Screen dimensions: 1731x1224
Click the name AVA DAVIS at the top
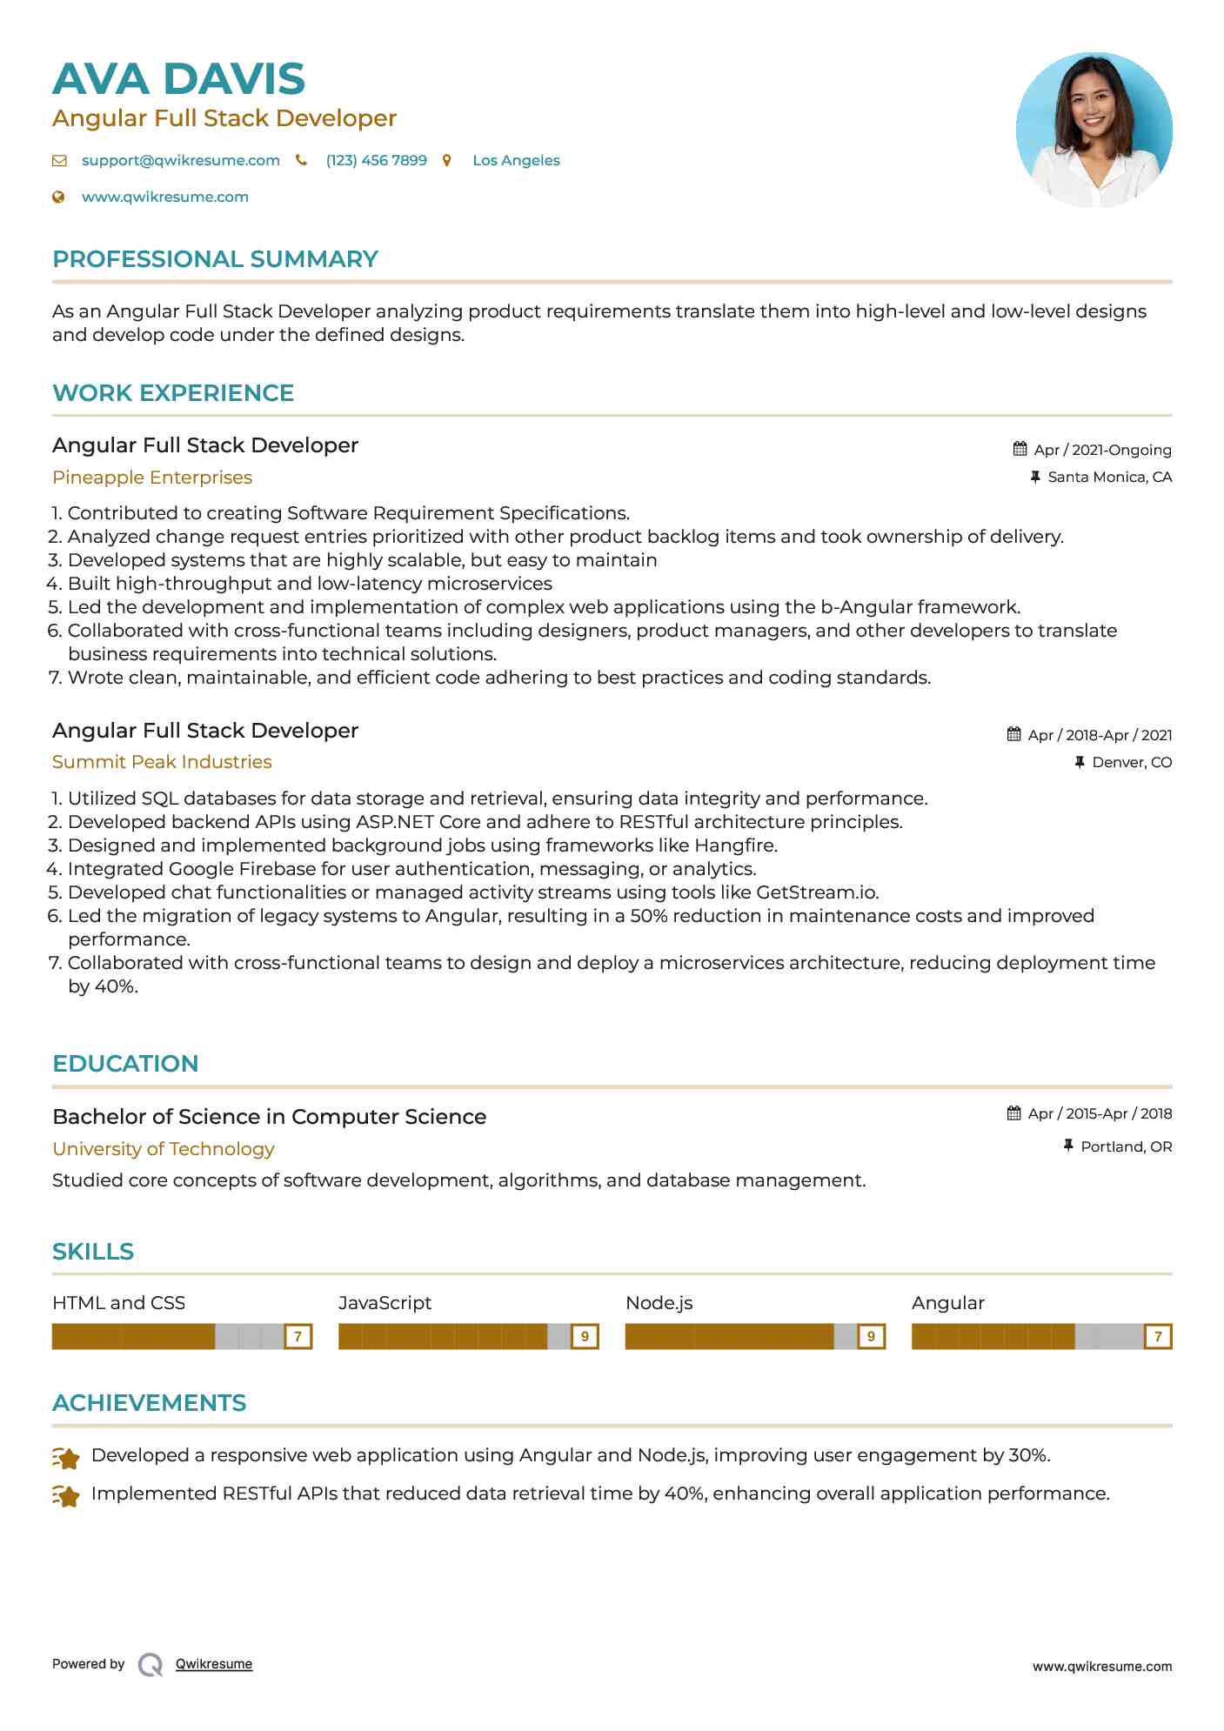pos(178,79)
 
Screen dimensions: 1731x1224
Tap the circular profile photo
pos(1094,130)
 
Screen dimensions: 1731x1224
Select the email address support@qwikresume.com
pos(180,161)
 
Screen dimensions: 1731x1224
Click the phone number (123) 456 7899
pos(376,161)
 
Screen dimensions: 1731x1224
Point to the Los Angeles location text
pos(516,161)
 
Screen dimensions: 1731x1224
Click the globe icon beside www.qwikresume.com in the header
pos(59,197)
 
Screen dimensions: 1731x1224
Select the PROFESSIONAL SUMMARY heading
pos(215,259)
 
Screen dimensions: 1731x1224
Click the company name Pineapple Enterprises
pos(152,478)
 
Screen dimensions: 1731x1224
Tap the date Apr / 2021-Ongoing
pos(1102,450)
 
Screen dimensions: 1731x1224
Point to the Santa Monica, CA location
pos(1109,477)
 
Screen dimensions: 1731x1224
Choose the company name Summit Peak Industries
pos(162,762)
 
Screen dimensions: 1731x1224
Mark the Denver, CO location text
pos(1132,763)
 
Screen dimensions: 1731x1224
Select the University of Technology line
pos(164,1149)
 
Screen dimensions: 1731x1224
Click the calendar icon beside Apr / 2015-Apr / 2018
pos(1013,1113)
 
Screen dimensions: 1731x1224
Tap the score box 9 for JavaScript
pos(585,1336)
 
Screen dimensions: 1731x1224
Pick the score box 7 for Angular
pos(1158,1336)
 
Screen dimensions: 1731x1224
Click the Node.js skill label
pos(659,1303)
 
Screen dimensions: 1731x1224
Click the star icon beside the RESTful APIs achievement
pos(66,1495)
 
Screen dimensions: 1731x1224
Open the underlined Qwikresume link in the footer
pos(214,1664)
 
